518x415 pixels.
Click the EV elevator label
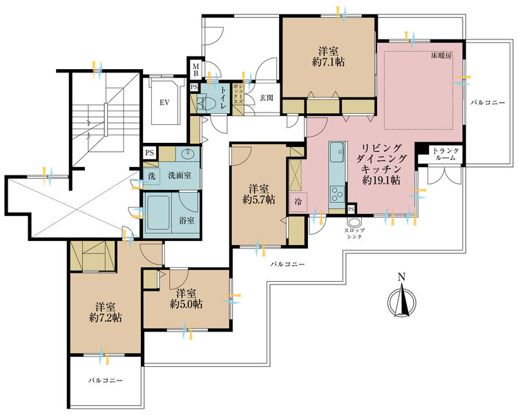click(164, 102)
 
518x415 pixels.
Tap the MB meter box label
click(195, 70)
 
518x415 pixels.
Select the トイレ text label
click(223, 98)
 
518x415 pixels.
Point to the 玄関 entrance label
click(267, 98)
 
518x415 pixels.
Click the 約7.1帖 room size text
click(328, 61)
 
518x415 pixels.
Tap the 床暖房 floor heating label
click(441, 56)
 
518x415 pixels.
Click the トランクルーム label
click(446, 154)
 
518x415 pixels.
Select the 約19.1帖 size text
click(381, 180)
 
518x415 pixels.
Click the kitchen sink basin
click(337, 152)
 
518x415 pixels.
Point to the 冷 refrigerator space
click(298, 202)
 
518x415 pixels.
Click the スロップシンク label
click(354, 233)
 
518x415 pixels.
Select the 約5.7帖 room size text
click(259, 200)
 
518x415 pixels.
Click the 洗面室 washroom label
click(180, 175)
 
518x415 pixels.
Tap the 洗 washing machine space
click(152, 176)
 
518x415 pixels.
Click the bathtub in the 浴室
click(159, 213)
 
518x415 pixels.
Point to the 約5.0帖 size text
click(186, 304)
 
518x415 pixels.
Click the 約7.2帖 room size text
click(106, 318)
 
